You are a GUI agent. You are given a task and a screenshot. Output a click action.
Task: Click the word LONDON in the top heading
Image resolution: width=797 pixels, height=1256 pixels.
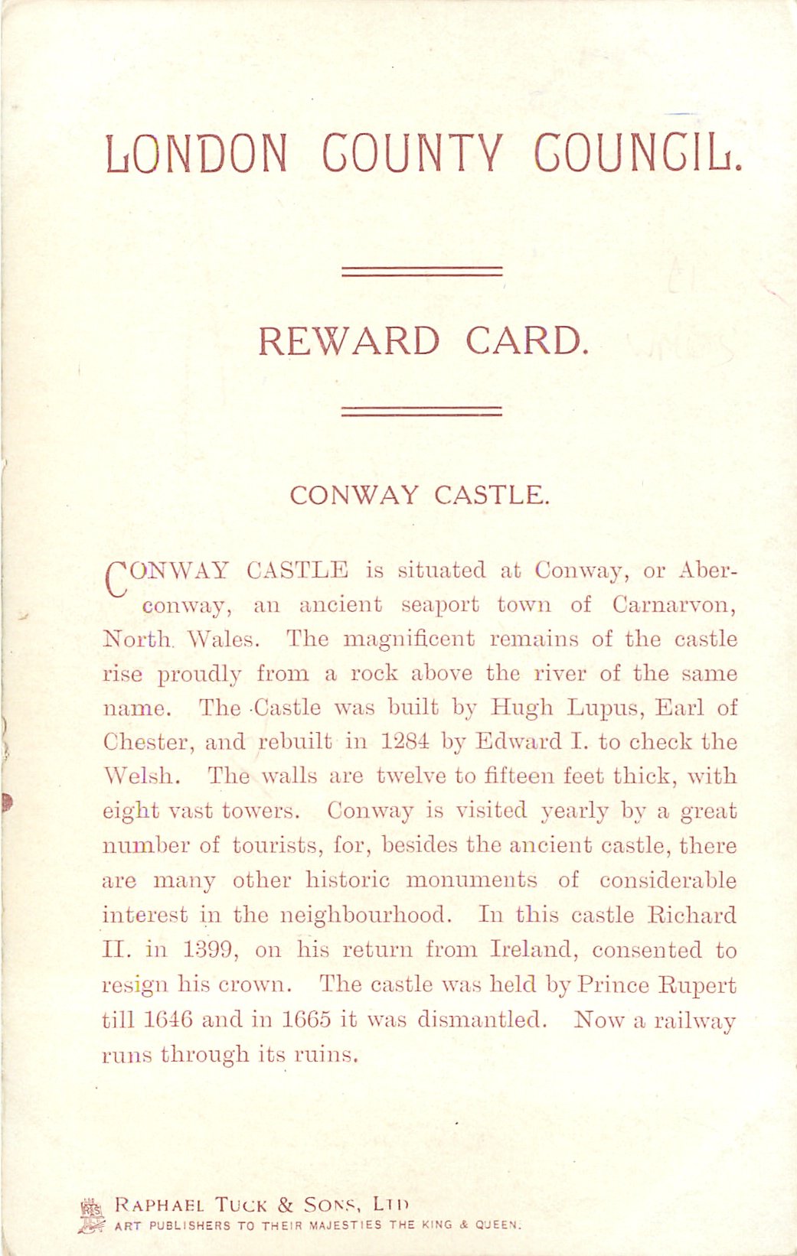[197, 153]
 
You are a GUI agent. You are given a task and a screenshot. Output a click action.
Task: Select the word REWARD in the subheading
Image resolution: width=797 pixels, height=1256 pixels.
[348, 341]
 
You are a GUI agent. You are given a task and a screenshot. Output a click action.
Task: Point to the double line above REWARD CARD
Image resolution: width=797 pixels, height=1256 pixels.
[421, 272]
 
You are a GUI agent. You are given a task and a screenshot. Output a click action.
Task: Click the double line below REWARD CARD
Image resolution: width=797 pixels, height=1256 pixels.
[421, 411]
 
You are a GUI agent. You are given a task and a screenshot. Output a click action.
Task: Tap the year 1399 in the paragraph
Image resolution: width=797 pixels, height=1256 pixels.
[211, 950]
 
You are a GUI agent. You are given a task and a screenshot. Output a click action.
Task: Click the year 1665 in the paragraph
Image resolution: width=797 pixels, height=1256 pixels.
[306, 1020]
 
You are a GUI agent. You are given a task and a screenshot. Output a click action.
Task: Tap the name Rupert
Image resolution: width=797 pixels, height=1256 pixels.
[697, 985]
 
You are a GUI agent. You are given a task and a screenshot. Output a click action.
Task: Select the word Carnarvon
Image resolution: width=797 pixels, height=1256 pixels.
[674, 605]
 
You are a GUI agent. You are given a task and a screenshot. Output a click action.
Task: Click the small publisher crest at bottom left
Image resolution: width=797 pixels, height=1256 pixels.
[90, 1214]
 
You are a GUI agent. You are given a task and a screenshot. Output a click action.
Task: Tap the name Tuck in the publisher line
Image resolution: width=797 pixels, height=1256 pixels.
[240, 1206]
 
